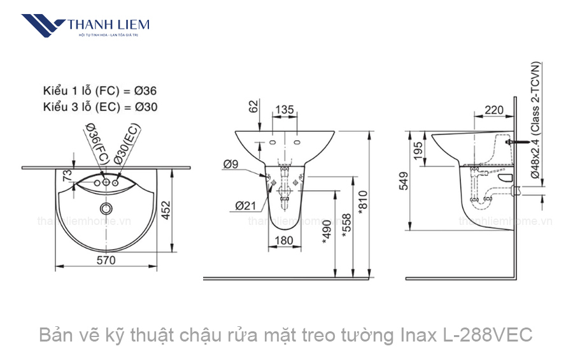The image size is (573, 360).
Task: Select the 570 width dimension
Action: click(106, 259)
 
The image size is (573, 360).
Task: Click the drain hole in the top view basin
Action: click(106, 208)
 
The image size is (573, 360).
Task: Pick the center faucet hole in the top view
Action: click(106, 184)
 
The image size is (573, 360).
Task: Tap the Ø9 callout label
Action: click(231, 164)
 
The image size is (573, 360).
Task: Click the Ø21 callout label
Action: click(245, 205)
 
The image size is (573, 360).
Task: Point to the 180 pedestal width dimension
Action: click(285, 240)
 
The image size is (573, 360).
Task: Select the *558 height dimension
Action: click(346, 224)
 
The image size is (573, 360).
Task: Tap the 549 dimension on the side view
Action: click(402, 182)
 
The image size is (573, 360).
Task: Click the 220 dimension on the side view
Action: click(493, 110)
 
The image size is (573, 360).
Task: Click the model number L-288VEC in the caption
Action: click(486, 334)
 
